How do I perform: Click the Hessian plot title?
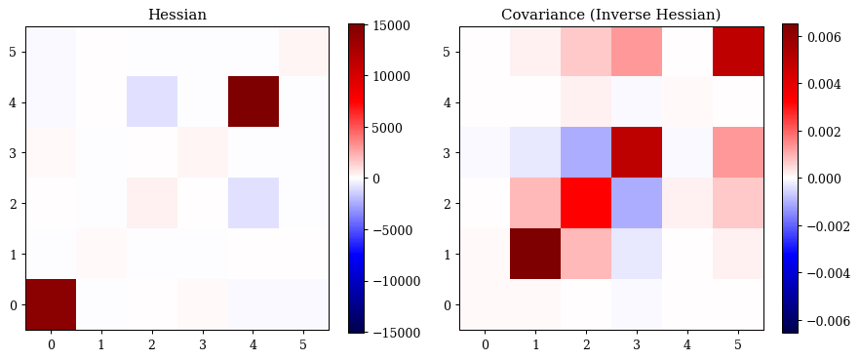click(177, 15)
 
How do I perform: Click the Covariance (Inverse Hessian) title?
click(611, 15)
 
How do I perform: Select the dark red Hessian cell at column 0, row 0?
click(51, 304)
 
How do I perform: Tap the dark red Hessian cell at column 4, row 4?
click(254, 101)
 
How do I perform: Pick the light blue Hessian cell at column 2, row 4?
click(152, 101)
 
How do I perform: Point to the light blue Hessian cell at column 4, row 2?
click(254, 203)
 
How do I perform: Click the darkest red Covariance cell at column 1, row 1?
click(535, 254)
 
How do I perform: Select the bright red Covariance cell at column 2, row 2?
click(586, 203)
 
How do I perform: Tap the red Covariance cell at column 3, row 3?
click(636, 152)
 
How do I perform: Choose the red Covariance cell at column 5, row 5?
click(738, 51)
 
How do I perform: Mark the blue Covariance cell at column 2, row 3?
click(586, 152)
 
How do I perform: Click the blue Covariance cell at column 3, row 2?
click(636, 203)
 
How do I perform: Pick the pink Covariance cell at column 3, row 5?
click(636, 51)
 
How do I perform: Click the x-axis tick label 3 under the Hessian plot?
click(203, 344)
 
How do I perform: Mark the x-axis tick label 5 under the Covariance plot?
click(738, 344)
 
